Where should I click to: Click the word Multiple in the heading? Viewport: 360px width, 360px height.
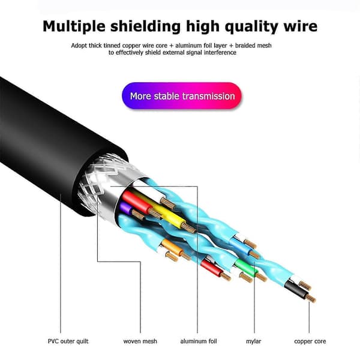(74, 26)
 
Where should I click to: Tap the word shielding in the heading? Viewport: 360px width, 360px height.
(146, 26)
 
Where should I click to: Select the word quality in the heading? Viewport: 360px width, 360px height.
(251, 27)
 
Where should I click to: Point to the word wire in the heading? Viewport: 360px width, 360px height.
(301, 26)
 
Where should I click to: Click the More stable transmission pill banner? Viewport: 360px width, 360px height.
(182, 95)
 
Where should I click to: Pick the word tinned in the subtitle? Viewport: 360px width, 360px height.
(112, 46)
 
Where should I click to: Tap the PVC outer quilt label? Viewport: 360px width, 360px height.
(68, 341)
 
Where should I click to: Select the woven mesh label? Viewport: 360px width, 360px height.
(140, 341)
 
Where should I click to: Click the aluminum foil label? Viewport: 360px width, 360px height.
(199, 341)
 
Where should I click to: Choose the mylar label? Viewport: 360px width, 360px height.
(253, 341)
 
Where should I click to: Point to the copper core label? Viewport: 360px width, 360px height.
(310, 341)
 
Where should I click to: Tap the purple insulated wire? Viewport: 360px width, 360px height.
(126, 208)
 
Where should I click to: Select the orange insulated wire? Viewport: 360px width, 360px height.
(172, 247)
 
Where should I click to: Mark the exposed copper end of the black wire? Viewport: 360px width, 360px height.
(311, 298)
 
